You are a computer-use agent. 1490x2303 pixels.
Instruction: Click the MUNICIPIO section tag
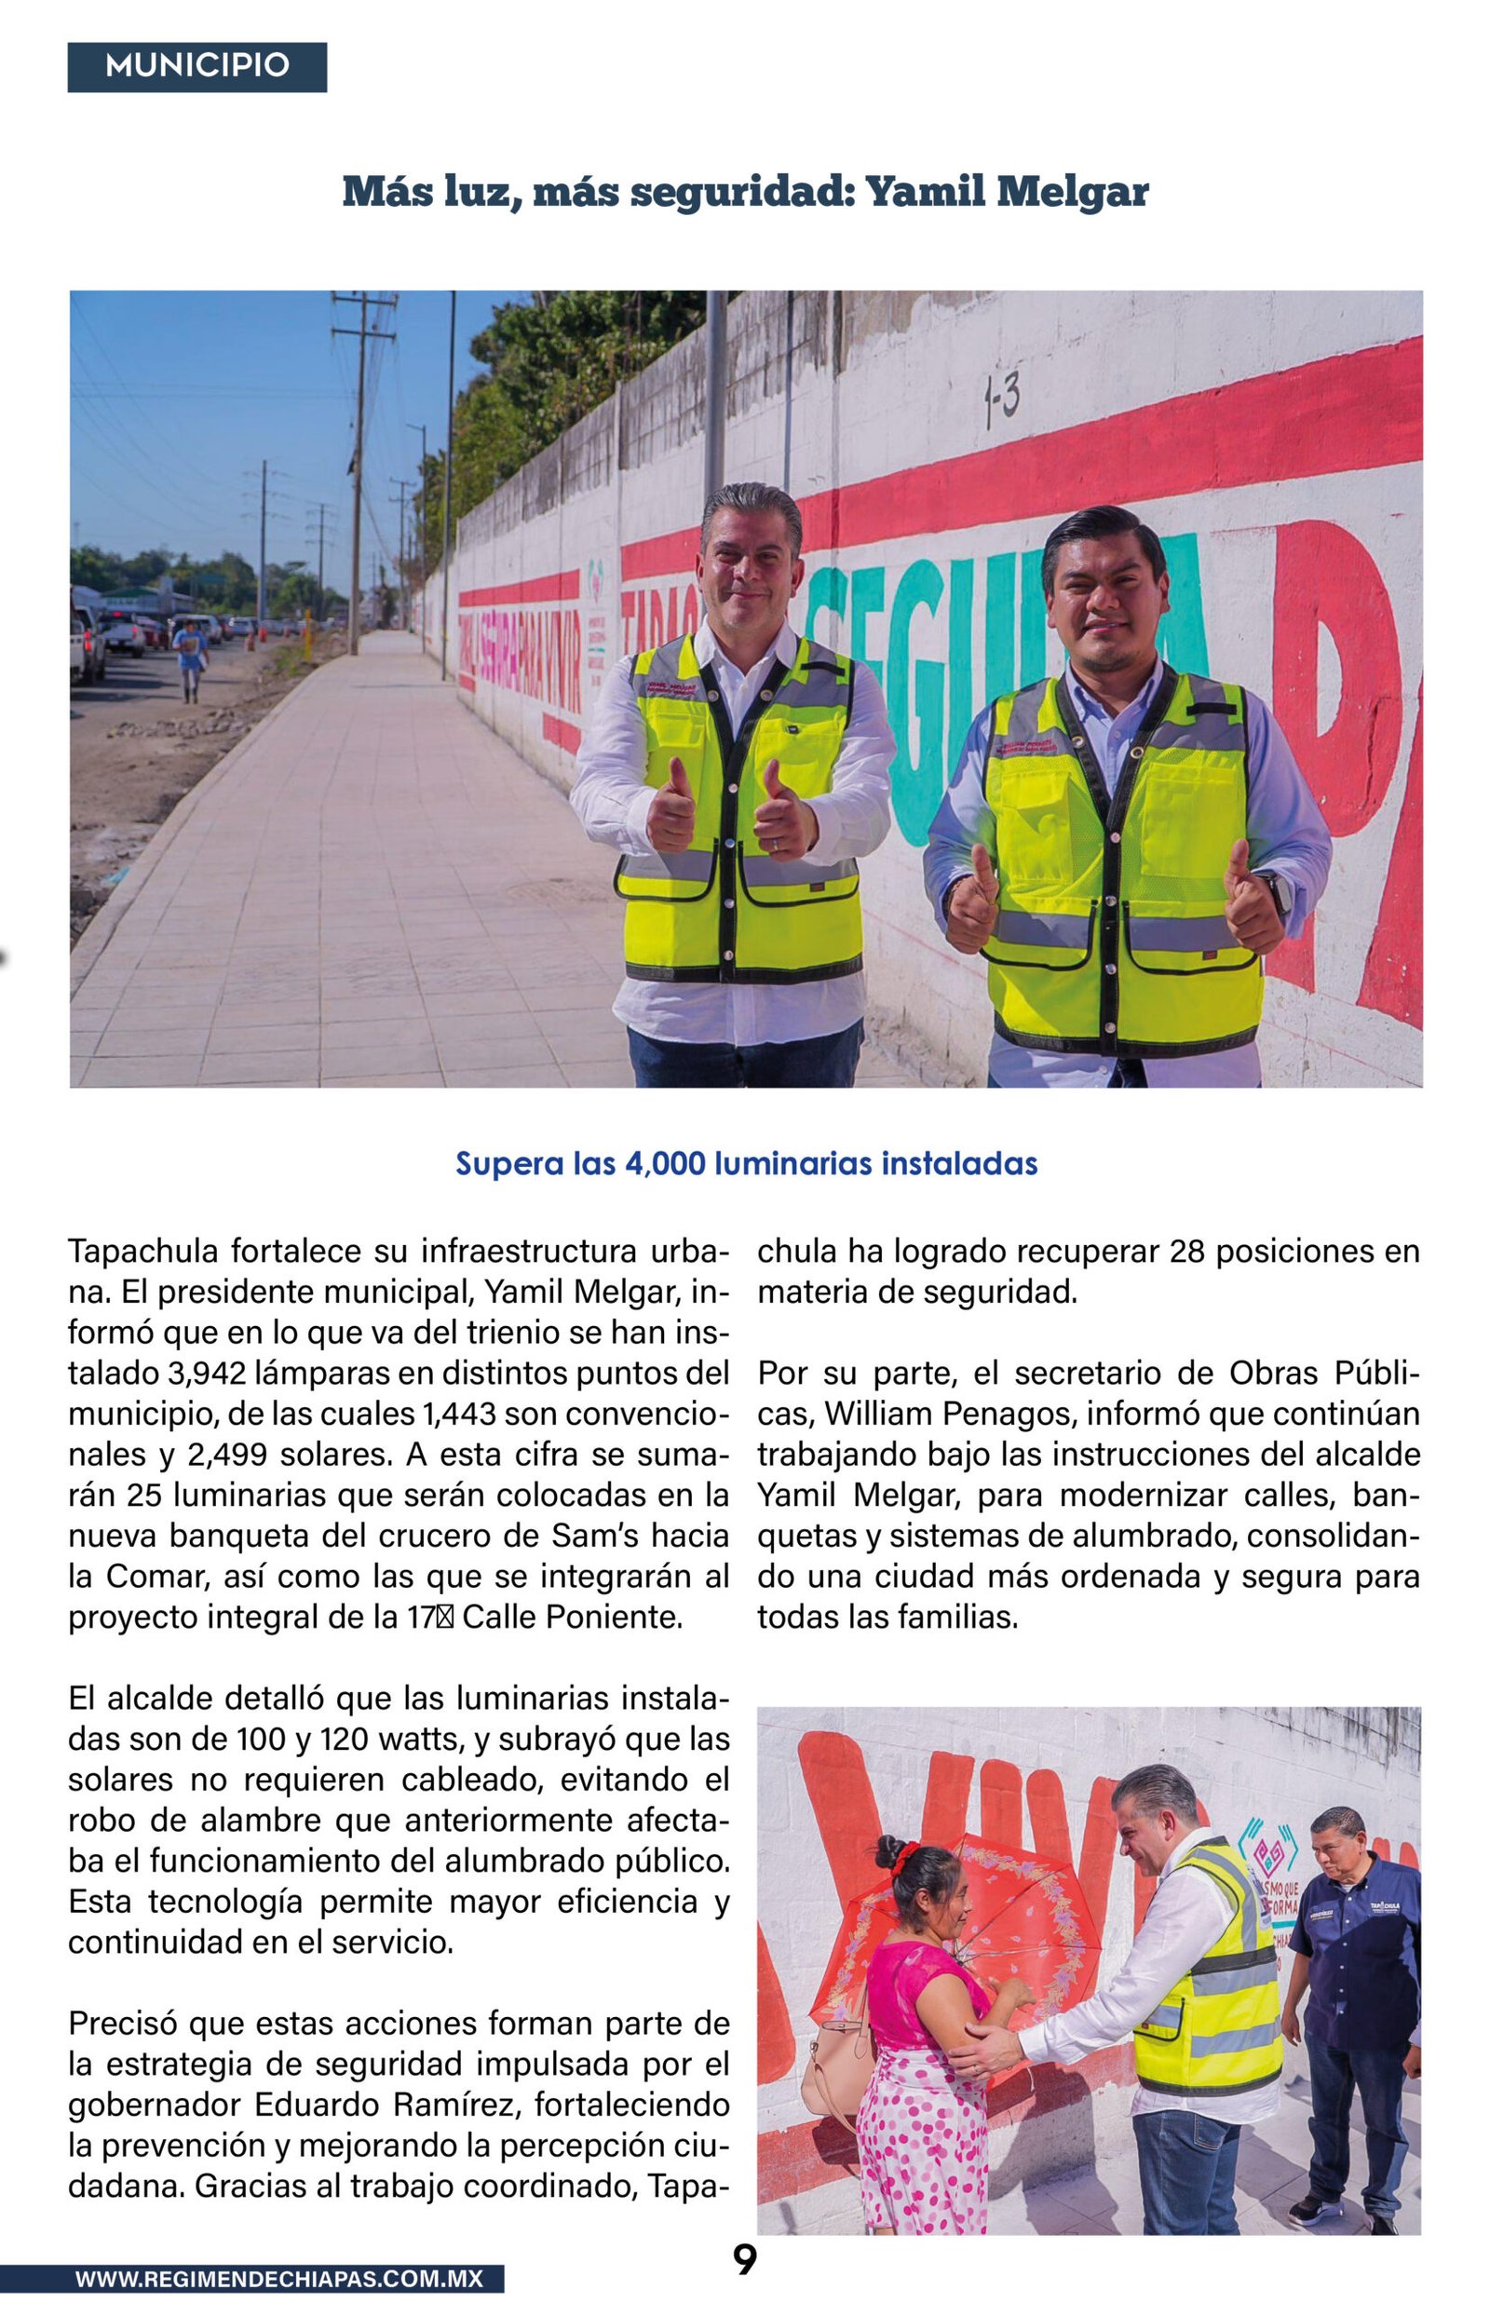click(x=196, y=66)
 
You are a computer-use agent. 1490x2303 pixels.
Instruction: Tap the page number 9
click(x=744, y=2260)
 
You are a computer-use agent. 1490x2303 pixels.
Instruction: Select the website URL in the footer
click(x=278, y=2279)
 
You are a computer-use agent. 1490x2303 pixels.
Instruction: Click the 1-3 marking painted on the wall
click(x=1001, y=400)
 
